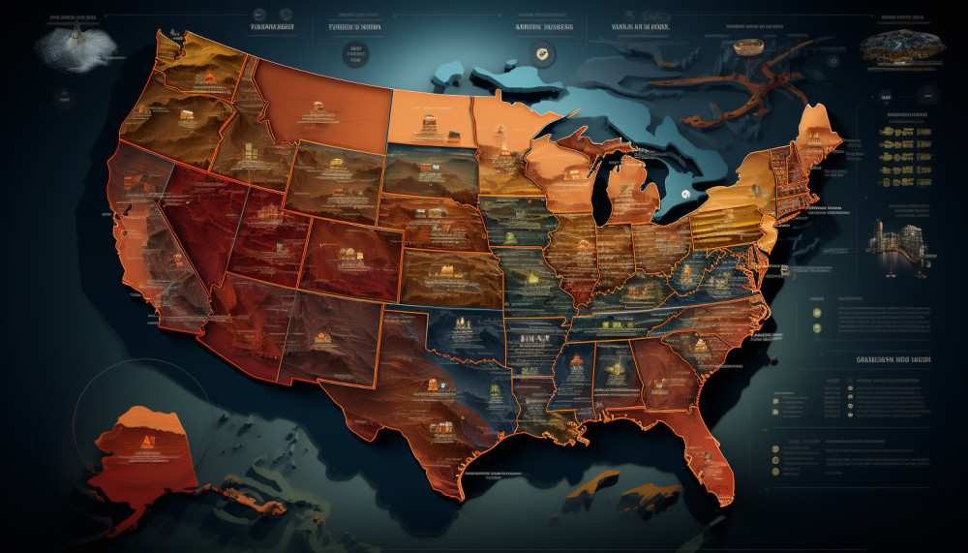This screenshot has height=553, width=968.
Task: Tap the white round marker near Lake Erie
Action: [x=685, y=195]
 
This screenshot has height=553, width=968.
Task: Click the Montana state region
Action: [x=324, y=102]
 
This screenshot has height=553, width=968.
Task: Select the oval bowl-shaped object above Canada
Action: [x=748, y=46]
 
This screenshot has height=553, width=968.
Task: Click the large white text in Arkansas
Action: [x=533, y=338]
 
